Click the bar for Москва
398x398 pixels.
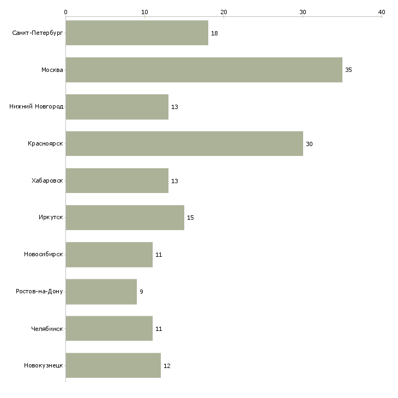[204, 70]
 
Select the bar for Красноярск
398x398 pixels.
[184, 144]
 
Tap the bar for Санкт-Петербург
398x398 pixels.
[137, 33]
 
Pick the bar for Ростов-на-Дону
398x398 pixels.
[101, 292]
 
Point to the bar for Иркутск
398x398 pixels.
[125, 218]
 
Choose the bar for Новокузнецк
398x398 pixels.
[113, 366]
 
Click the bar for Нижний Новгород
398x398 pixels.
[117, 107]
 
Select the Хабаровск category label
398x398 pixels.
[47, 181]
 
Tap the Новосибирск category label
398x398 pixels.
[44, 255]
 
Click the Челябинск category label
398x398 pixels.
[47, 329]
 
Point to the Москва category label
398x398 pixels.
[52, 70]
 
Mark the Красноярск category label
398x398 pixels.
[46, 144]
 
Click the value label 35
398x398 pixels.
[348, 70]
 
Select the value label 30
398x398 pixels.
[309, 144]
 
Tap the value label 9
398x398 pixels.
[141, 292]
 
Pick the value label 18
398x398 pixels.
[214, 33]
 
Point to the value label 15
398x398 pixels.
[190, 218]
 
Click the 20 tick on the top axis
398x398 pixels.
[224, 11]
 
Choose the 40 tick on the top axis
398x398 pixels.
[382, 11]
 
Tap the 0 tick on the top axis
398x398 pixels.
[65, 11]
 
